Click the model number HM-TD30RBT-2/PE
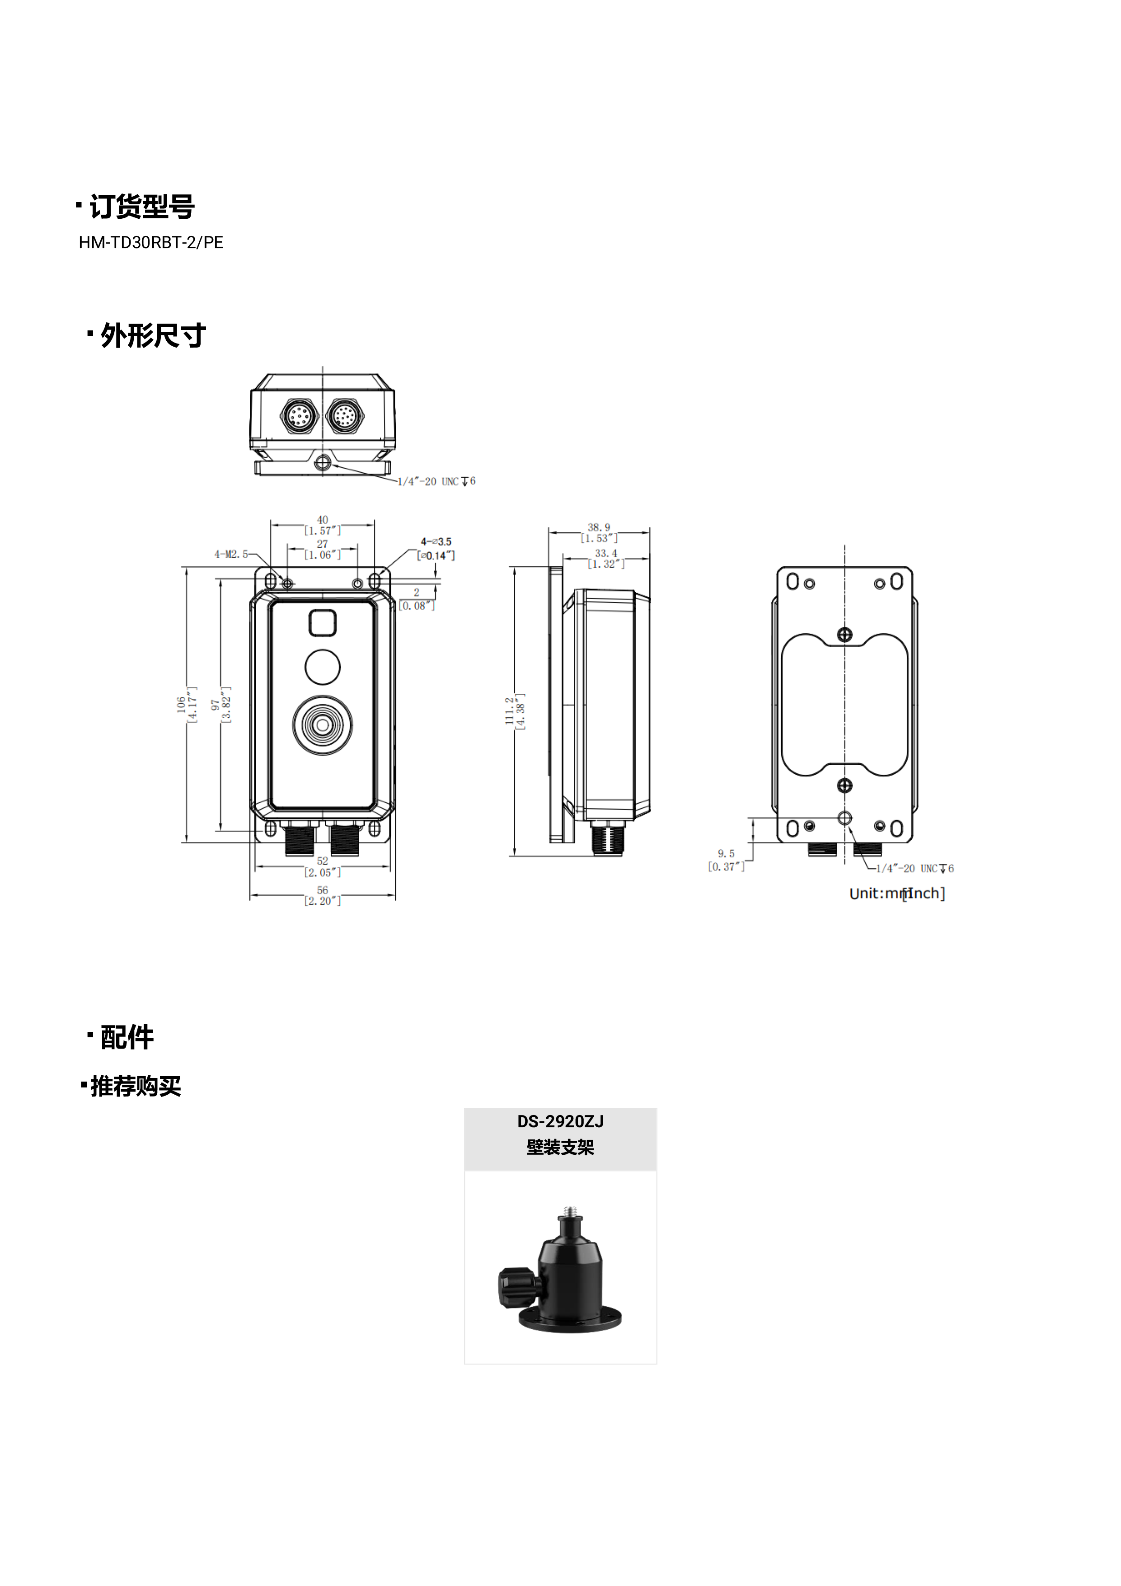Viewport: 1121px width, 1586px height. click(x=150, y=242)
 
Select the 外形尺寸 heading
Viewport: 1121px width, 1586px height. click(x=153, y=336)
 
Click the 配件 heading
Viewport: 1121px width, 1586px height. click(x=127, y=1037)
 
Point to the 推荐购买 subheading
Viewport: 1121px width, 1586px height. click(x=136, y=1086)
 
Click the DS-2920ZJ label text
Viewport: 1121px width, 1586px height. click(x=560, y=1121)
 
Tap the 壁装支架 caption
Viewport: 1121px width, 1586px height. click(x=560, y=1148)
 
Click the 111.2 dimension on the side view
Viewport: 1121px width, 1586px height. click(x=510, y=711)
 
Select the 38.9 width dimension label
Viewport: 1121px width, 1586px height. click(x=599, y=527)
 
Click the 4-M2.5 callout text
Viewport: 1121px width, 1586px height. click(x=231, y=554)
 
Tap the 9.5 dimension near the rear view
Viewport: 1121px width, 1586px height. click(x=726, y=854)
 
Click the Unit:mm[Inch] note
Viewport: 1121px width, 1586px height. click(x=896, y=893)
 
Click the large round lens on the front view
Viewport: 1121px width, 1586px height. click(x=323, y=725)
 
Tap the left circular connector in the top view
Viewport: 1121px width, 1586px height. click(x=299, y=416)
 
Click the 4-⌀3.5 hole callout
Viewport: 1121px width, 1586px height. click(x=436, y=541)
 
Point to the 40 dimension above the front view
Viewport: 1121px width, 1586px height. click(x=323, y=519)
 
